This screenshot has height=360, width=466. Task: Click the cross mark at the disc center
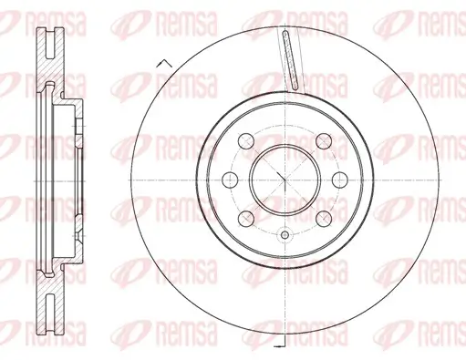click(x=285, y=178)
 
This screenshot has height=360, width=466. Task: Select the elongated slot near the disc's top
click(x=291, y=59)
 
